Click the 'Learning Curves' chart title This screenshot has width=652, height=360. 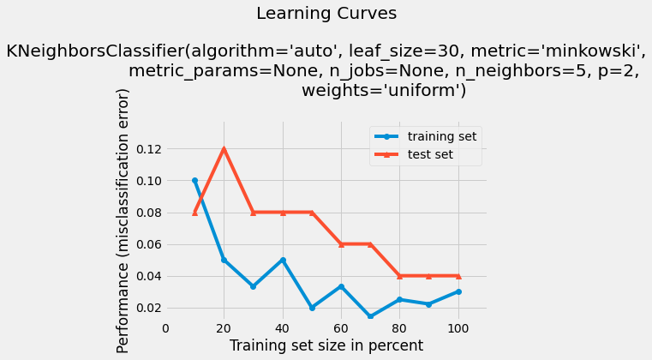click(326, 14)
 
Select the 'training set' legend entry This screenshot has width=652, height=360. click(442, 135)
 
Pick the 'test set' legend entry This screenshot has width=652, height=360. click(430, 155)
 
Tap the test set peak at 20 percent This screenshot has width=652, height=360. click(224, 149)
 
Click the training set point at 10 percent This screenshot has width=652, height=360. click(194, 181)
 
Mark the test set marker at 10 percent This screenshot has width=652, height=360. click(194, 213)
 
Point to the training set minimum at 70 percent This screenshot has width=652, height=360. click(370, 316)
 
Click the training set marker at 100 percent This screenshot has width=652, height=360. click(458, 291)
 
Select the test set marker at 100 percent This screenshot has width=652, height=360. click(458, 276)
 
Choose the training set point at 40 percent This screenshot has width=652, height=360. click(283, 260)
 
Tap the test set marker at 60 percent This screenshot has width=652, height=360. click(341, 244)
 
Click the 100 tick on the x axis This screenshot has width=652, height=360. click(458, 327)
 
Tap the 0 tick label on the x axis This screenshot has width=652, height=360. click(165, 327)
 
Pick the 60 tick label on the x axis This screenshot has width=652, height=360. click(341, 327)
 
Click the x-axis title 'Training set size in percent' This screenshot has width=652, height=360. click(326, 345)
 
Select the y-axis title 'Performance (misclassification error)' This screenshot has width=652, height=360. click(125, 220)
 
